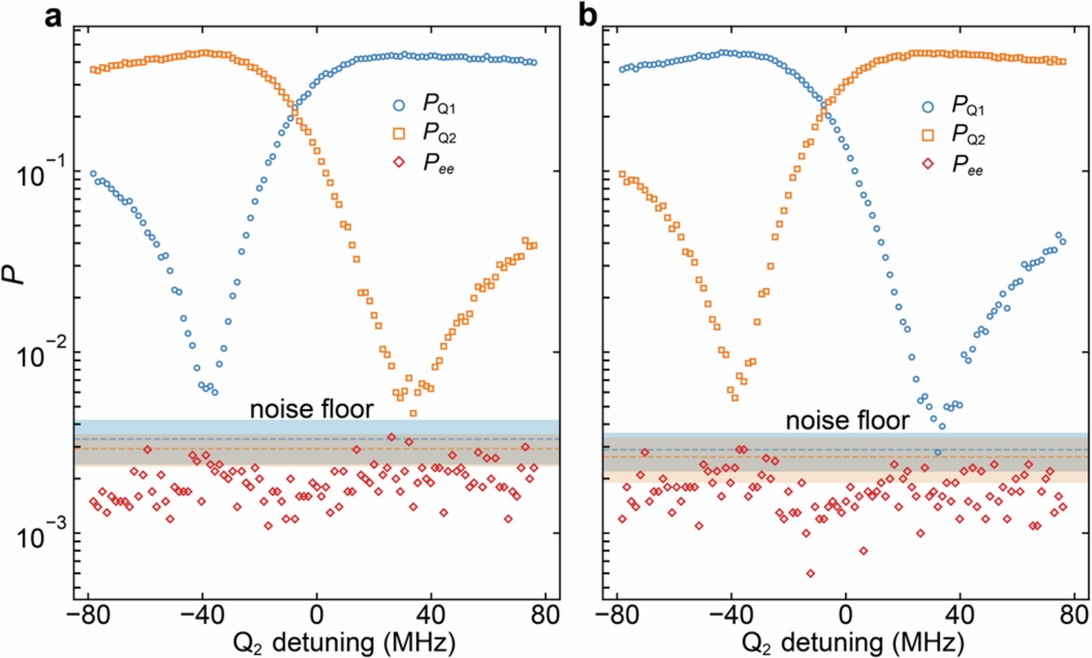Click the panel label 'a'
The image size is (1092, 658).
54,18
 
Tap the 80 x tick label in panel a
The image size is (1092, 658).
545,615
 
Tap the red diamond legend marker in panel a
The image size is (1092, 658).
399,162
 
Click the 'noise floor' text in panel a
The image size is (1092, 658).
312,410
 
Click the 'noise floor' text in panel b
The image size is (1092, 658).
847,421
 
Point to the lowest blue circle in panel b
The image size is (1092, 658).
938,452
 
